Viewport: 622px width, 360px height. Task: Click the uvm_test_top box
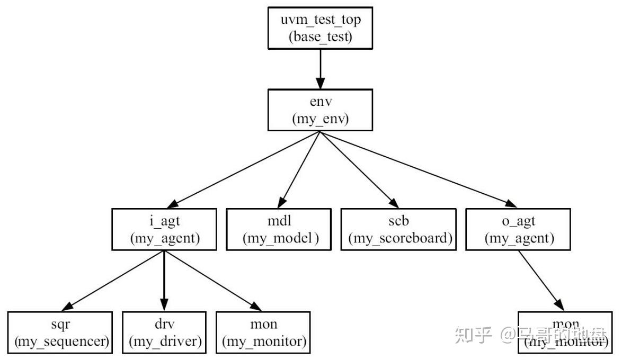point(320,28)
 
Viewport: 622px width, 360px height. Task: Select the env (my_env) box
point(320,110)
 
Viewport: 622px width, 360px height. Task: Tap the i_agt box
point(164,229)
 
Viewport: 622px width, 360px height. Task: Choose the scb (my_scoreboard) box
point(398,229)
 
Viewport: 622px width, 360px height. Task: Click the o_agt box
point(519,229)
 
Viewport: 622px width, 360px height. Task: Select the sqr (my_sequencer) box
point(60,332)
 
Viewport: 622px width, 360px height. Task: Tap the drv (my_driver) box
point(164,332)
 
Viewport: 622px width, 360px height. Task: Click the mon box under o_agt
point(565,332)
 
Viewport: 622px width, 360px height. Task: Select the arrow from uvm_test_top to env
point(320,69)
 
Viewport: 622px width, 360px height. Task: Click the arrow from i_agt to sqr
point(114,280)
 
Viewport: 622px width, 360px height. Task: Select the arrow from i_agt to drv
point(164,281)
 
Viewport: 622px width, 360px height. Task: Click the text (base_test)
point(320,38)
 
